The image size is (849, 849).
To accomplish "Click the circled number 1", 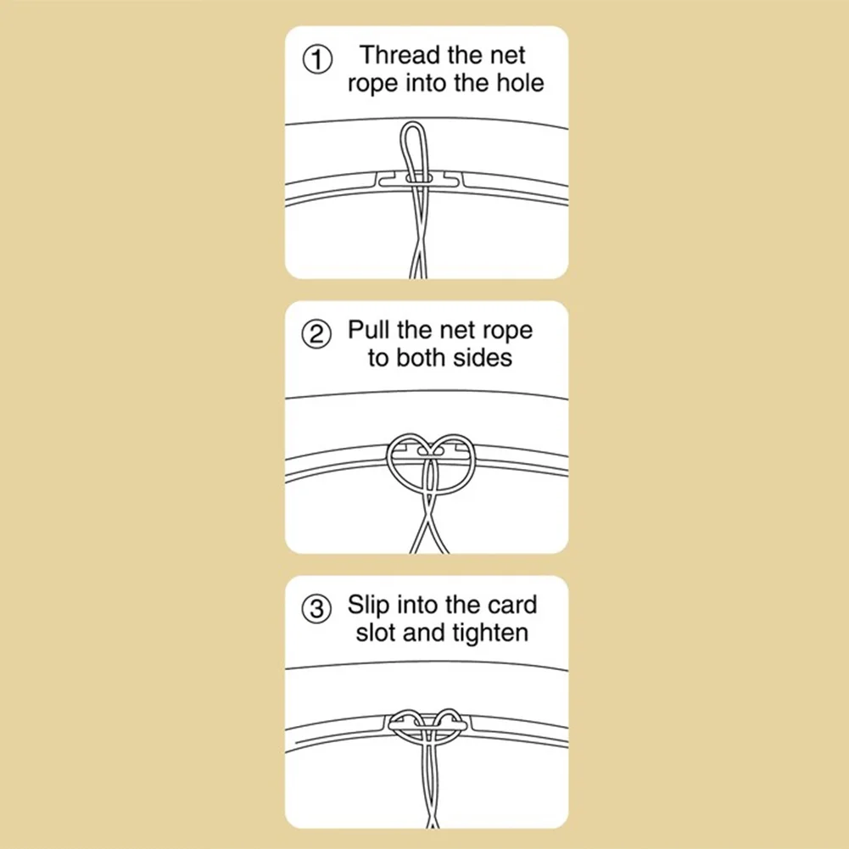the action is tap(316, 59).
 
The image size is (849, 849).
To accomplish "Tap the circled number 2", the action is tap(316, 334).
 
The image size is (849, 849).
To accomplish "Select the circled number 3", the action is tap(316, 609).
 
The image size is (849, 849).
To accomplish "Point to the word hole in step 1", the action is tap(520, 83).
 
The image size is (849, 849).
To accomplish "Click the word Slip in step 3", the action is tap(368, 605).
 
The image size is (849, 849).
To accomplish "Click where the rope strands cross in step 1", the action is tap(418, 251).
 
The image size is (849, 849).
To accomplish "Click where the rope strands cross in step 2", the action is tap(429, 520).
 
